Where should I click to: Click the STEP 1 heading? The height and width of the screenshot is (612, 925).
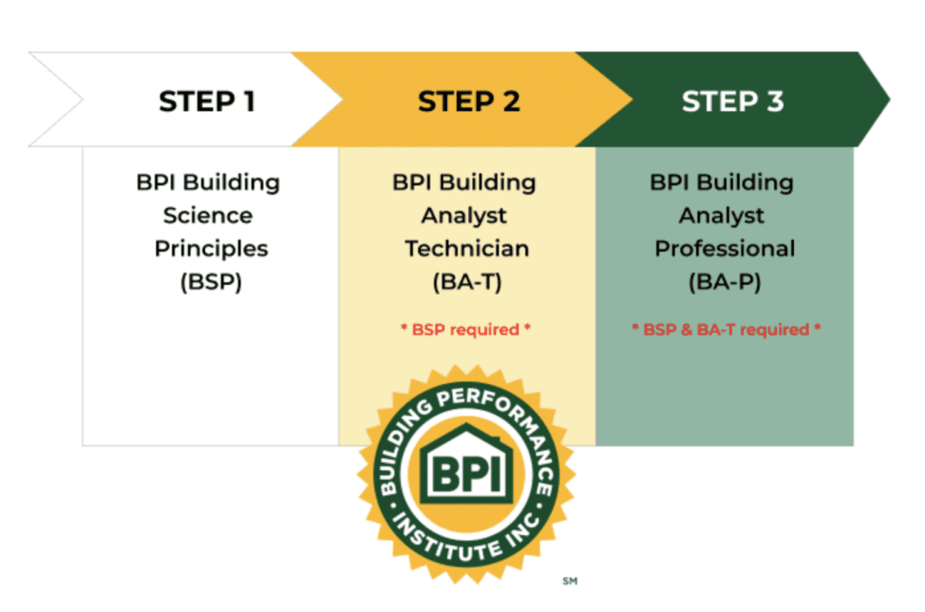click(x=207, y=101)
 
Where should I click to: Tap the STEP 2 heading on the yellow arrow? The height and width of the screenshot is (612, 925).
click(x=469, y=101)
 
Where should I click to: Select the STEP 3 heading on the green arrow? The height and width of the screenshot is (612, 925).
click(x=733, y=101)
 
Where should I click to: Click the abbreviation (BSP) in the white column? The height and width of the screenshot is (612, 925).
click(x=211, y=281)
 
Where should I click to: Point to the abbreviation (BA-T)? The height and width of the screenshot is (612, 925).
click(x=467, y=281)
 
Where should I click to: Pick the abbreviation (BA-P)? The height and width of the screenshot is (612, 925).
click(x=725, y=281)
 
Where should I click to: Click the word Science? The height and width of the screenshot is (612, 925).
click(x=208, y=215)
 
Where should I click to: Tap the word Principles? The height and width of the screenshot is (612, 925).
click(x=211, y=250)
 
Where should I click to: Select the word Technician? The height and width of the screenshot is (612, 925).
click(x=467, y=249)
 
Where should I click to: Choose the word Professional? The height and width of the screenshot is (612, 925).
click(x=725, y=249)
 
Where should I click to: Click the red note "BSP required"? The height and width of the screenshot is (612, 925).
click(x=465, y=329)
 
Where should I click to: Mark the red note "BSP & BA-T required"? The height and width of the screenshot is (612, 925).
click(x=726, y=329)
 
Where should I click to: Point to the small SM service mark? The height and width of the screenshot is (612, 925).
click(x=570, y=581)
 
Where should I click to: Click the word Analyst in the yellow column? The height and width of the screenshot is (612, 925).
click(x=464, y=216)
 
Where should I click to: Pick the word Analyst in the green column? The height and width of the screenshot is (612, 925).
click(x=722, y=216)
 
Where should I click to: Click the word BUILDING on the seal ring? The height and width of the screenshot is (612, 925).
click(x=401, y=444)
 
